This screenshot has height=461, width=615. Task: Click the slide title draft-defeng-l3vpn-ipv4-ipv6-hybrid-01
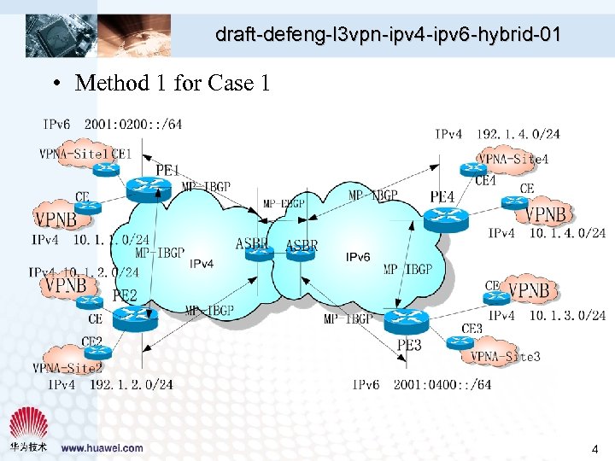(388, 35)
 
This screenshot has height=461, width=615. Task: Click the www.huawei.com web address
(102, 447)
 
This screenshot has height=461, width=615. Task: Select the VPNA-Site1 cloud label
(73, 155)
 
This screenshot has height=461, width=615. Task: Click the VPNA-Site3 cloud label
(506, 356)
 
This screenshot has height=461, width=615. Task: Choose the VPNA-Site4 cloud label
(512, 159)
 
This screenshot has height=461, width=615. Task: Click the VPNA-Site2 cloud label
(67, 368)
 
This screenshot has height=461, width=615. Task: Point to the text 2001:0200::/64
(133, 125)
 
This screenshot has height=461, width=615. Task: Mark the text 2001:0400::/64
(442, 385)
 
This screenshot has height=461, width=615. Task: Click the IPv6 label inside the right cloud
(358, 257)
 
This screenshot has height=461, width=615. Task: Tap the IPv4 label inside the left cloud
(202, 263)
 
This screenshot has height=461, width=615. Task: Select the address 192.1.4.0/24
(518, 134)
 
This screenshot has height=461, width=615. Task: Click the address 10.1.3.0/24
(567, 316)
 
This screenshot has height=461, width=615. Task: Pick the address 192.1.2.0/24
(132, 385)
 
